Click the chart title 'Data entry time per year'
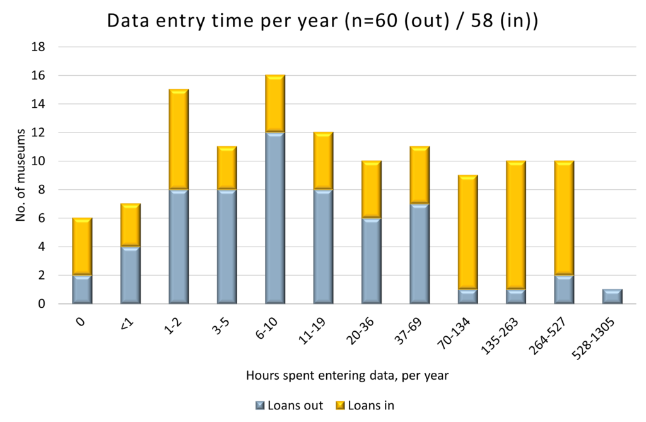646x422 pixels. (x=322, y=20)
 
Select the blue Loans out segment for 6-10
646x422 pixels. (x=274, y=218)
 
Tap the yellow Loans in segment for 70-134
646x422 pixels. (x=467, y=232)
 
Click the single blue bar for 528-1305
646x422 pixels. (x=611, y=296)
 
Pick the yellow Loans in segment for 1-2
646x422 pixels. (x=179, y=139)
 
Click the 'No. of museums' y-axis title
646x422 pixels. (x=20, y=175)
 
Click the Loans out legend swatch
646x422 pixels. (x=259, y=405)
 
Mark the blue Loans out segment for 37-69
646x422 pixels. (x=419, y=254)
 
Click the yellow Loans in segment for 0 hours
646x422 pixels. (x=82, y=247)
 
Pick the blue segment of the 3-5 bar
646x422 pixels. (x=226, y=247)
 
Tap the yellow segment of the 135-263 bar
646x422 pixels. (x=515, y=225)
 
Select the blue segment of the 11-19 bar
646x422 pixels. (x=322, y=247)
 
